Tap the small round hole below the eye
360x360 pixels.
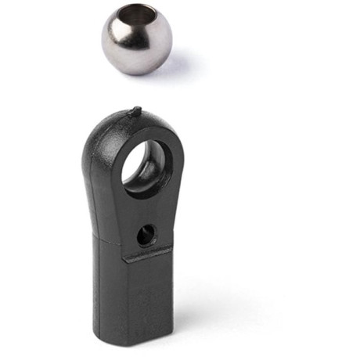[x=146, y=232]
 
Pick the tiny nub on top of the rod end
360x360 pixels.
[x=136, y=111]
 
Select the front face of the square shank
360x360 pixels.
[x=149, y=297]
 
